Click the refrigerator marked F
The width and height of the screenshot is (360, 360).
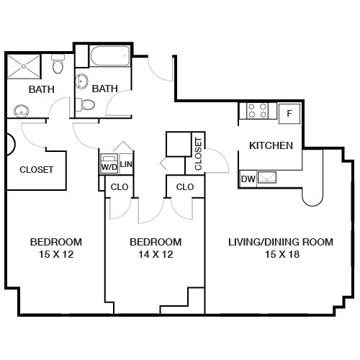click(289, 114)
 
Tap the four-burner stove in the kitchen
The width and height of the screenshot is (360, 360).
click(257, 111)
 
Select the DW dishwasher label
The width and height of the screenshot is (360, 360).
click(248, 179)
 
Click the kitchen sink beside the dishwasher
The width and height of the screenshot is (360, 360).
click(266, 178)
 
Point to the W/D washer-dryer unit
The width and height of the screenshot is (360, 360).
click(109, 164)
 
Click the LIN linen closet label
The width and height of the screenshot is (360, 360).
click(126, 164)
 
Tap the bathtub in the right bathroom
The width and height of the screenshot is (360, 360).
click(110, 56)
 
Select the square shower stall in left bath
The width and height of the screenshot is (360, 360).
click(24, 66)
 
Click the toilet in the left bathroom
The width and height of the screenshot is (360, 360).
click(58, 64)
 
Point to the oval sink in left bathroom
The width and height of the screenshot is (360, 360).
click(22, 111)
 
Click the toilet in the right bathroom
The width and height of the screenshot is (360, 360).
click(85, 104)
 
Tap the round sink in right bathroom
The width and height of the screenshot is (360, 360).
click(81, 81)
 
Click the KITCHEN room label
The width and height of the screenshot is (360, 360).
click(271, 145)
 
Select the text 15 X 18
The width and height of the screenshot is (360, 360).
click(282, 254)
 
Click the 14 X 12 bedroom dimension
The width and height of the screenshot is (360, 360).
click(156, 254)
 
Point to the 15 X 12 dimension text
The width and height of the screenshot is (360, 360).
click(56, 254)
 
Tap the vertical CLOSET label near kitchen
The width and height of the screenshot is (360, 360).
click(199, 154)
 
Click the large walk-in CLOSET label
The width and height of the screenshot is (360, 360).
click(36, 170)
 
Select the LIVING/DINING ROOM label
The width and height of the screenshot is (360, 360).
click(281, 242)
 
